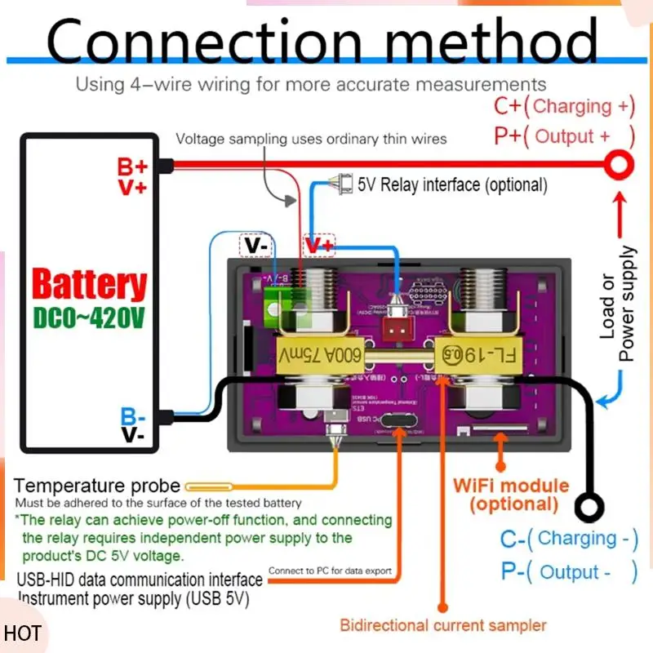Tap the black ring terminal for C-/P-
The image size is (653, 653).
click(589, 507)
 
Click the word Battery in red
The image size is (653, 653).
click(90, 286)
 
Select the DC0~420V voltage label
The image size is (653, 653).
click(90, 318)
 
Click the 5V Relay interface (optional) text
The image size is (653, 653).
click(452, 184)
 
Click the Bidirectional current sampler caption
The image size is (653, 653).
click(443, 625)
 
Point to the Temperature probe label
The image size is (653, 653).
click(97, 486)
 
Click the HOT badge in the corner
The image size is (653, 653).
click(22, 633)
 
